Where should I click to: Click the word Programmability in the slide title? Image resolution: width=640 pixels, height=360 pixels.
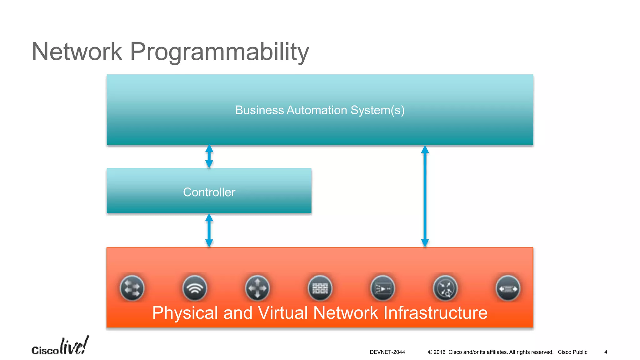pos(219,52)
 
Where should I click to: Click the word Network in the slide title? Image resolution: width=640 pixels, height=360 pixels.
pos(77,52)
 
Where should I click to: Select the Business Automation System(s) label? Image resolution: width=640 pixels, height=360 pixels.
pos(320,110)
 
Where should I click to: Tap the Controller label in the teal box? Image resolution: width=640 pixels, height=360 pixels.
pos(209,192)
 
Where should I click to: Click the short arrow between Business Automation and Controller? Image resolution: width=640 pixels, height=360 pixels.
pos(209,156)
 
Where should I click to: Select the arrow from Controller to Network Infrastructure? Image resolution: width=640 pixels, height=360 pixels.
pos(209,230)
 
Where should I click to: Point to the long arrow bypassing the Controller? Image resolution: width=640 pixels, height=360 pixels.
pos(425,196)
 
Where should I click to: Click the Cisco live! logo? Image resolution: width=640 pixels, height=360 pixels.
pos(60,346)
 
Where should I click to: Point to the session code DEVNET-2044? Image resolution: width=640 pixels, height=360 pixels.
pos(387,352)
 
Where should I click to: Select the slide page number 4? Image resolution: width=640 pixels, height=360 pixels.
pos(606,352)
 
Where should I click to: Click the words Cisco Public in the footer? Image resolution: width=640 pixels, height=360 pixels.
pos(572,352)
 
